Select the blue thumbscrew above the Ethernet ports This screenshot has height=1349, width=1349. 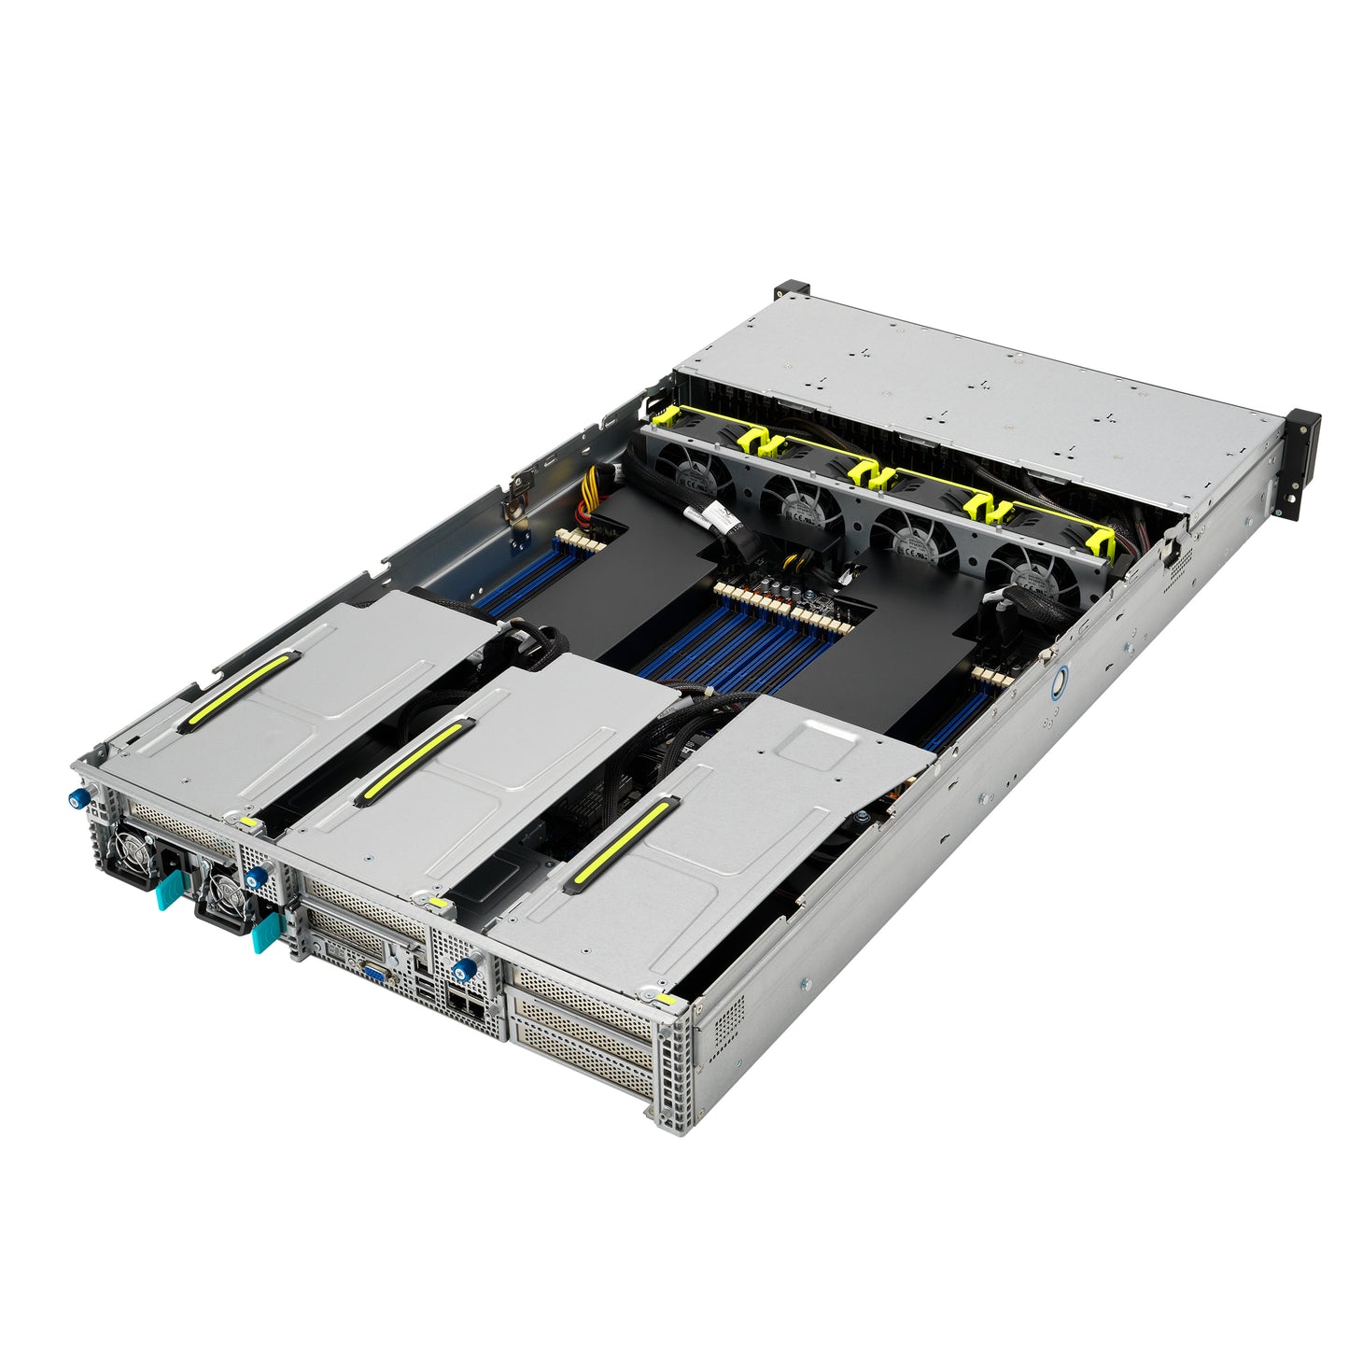[x=459, y=970]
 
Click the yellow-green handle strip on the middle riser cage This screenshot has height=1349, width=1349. [x=411, y=761]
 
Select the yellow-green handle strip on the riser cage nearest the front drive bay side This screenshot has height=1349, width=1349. [x=621, y=842]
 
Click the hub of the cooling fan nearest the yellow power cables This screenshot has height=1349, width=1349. [x=691, y=477]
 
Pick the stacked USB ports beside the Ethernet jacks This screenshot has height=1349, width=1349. [x=427, y=990]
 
